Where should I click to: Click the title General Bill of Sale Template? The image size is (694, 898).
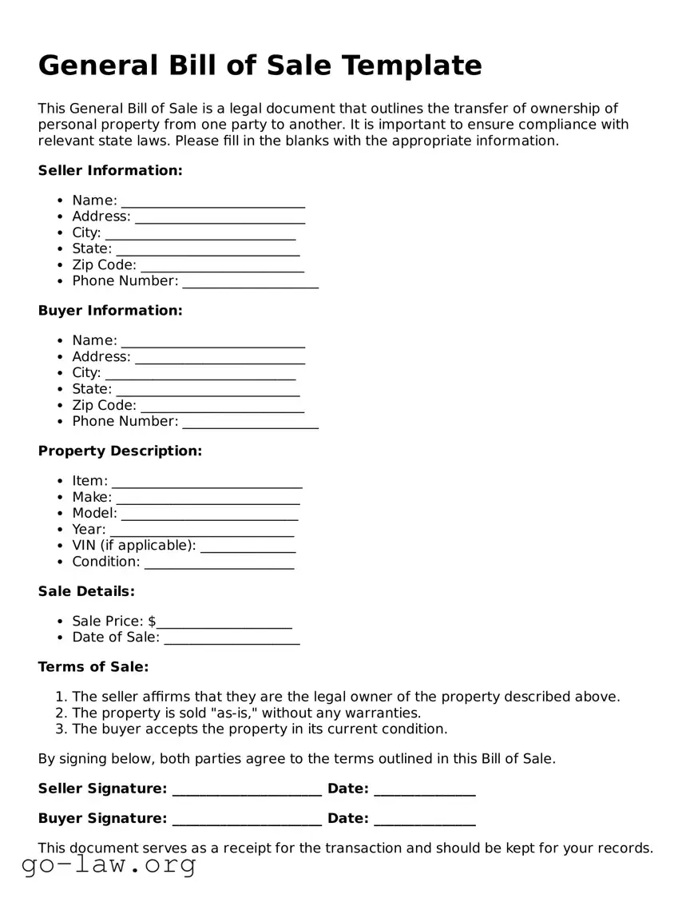click(260, 66)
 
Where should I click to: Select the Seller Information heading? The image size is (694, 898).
click(110, 170)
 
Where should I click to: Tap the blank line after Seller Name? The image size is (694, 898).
click(212, 202)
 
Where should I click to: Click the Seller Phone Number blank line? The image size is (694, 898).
click(250, 283)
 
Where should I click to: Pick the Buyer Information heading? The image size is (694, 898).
click(110, 310)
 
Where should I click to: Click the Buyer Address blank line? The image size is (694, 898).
click(220, 359)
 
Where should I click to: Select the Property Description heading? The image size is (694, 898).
click(120, 451)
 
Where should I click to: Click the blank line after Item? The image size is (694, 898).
click(207, 483)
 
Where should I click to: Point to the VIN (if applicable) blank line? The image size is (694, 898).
click(248, 547)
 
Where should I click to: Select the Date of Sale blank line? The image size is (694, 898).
click(232, 639)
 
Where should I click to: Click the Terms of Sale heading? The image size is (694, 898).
click(93, 666)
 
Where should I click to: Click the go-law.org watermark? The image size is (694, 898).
click(109, 864)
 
